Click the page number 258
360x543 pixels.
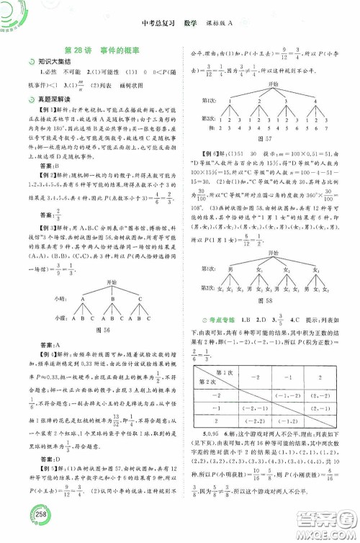[19, 527]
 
